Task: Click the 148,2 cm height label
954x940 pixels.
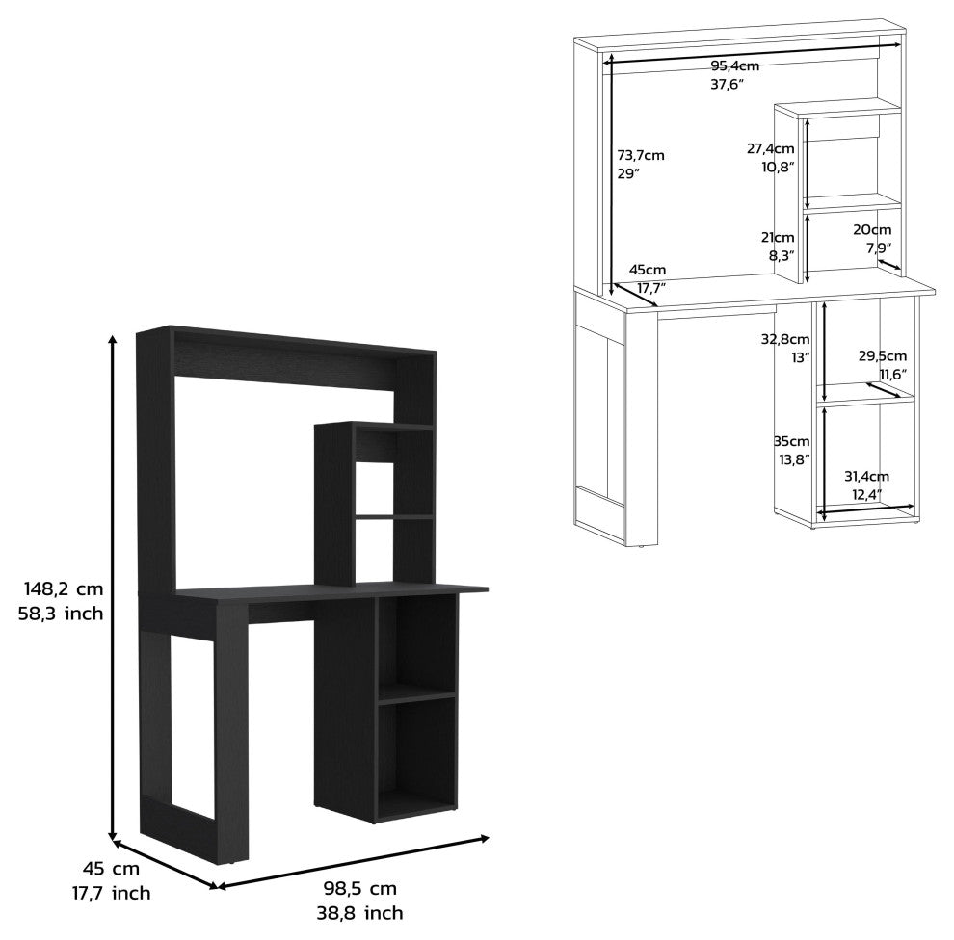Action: (x=64, y=588)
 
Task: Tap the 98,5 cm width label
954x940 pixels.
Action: (x=360, y=888)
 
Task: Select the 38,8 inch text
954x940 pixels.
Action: (x=359, y=913)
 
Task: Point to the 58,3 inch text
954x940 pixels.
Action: (x=61, y=613)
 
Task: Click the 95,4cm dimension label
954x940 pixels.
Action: (x=735, y=65)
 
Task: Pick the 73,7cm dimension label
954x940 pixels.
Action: (x=641, y=155)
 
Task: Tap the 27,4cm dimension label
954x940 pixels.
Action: (x=771, y=147)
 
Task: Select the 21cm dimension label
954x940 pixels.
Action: (x=778, y=237)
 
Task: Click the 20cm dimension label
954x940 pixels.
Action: (x=872, y=229)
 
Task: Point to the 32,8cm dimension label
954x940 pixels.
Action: (x=785, y=339)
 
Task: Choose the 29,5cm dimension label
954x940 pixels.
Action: (x=882, y=355)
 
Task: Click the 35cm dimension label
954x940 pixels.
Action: (x=792, y=441)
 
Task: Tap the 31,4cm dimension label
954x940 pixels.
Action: (x=866, y=476)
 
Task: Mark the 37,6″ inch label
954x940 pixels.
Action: (x=728, y=85)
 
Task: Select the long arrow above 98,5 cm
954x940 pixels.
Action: (x=353, y=862)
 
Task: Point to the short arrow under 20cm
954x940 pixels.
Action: (x=889, y=264)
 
